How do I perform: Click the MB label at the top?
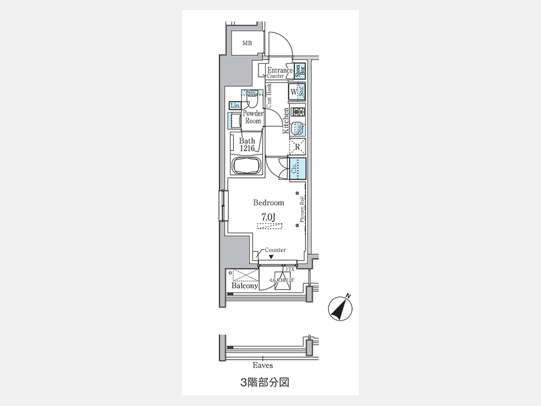pyautogui.click(x=247, y=43)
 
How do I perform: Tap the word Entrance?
pyautogui.click(x=280, y=70)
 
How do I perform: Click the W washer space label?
pyautogui.click(x=293, y=92)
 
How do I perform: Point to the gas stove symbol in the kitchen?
pyautogui.click(x=297, y=111)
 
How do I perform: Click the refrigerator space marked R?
pyautogui.click(x=297, y=146)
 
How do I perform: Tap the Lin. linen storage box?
pyautogui.click(x=235, y=106)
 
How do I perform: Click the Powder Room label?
pyautogui.click(x=253, y=117)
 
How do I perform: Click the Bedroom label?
pyautogui.click(x=268, y=203)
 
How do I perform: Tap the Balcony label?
pyautogui.click(x=245, y=286)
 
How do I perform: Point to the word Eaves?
pyautogui.click(x=263, y=365)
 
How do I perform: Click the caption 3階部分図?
pyautogui.click(x=264, y=382)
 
